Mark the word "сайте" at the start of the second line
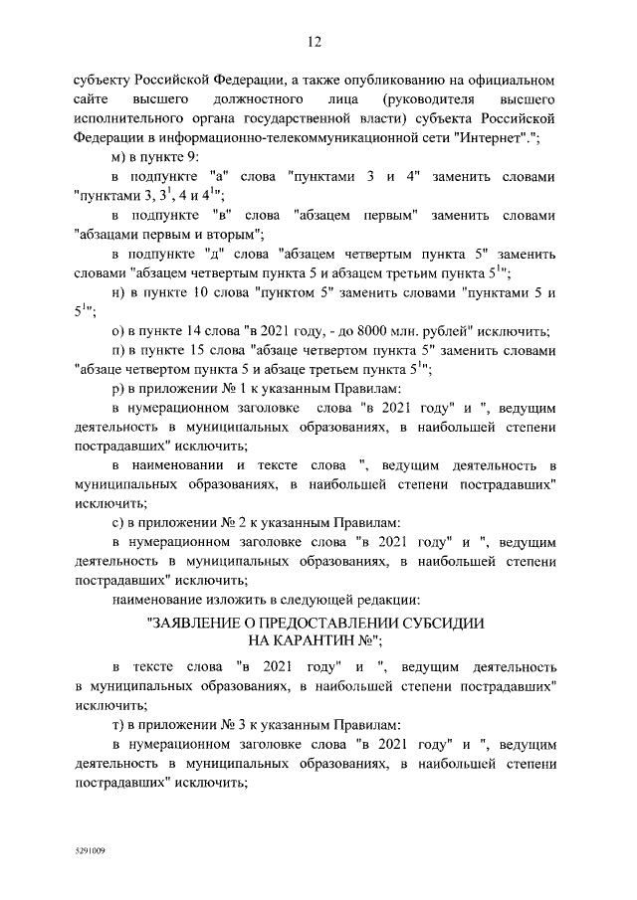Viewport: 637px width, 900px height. coord(92,98)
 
